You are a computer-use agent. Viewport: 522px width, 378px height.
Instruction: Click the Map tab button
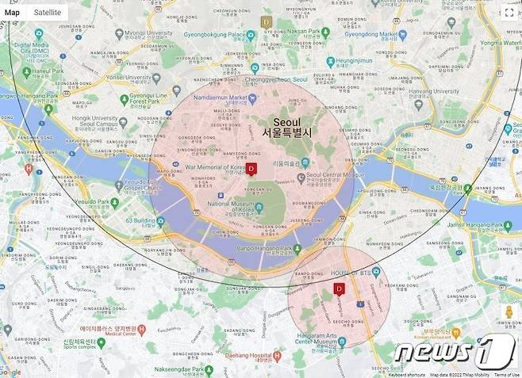(x=13, y=13)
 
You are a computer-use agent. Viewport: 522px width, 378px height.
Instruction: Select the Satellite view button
(x=47, y=13)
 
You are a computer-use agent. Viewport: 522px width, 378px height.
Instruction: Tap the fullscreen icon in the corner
(x=509, y=12)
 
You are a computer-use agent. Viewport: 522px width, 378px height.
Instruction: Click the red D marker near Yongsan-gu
(x=251, y=169)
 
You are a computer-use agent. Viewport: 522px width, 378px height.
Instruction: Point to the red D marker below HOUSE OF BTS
(x=340, y=289)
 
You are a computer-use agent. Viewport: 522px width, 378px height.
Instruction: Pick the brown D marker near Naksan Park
(x=267, y=22)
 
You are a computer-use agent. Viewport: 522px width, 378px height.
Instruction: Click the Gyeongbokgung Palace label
(x=214, y=35)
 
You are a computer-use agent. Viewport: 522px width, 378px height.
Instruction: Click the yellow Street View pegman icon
(x=509, y=313)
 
